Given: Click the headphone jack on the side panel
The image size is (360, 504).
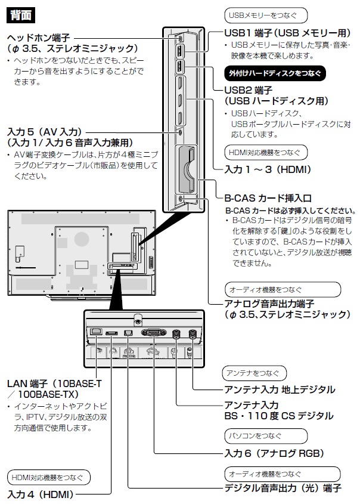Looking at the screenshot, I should point(181,37).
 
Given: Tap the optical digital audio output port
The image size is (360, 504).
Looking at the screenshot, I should point(128,333).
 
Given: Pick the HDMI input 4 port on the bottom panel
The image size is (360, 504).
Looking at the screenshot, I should point(111,333).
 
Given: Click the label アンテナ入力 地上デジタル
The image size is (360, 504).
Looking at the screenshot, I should point(279,389).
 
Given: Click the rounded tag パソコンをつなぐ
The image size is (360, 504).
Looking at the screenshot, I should point(253,435).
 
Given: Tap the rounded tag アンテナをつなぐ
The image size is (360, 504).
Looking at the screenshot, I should point(254,373).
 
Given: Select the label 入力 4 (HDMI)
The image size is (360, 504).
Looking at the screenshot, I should point(40,494).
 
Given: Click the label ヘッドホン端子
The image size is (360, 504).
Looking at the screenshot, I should point(39,38).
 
